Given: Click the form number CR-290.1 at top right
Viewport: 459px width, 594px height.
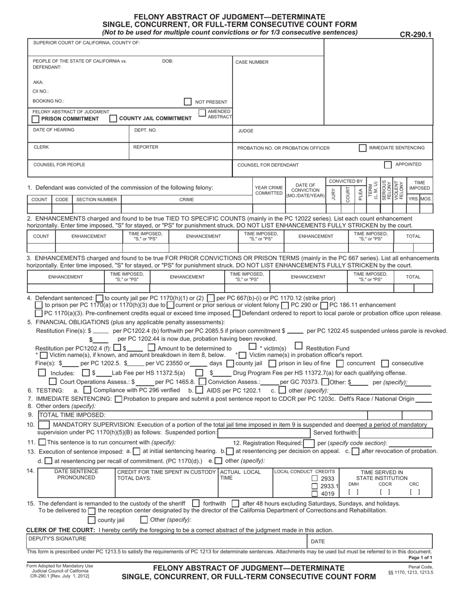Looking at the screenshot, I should [x=416, y=34].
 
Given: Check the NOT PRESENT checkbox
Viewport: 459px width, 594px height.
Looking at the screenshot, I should [x=187, y=102].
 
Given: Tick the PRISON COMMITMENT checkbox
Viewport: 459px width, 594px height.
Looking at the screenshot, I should [x=35, y=119].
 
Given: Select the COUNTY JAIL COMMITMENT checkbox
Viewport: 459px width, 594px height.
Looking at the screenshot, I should [x=113, y=118].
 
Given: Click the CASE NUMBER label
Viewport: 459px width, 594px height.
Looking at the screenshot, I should [x=252, y=62].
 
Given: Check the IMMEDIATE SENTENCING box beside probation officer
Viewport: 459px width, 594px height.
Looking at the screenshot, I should [x=362, y=148].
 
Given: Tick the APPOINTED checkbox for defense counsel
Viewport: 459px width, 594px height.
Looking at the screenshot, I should [x=387, y=165].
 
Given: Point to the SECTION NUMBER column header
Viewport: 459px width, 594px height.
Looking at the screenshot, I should [x=97, y=199].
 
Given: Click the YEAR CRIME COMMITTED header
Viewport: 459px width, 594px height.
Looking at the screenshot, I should [x=268, y=190].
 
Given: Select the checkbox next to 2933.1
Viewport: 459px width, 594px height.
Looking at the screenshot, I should [x=315, y=486].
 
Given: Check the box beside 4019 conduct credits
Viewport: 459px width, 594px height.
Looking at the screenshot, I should [x=315, y=494].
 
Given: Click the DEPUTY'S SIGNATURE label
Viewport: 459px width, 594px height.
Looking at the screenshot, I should [x=57, y=538].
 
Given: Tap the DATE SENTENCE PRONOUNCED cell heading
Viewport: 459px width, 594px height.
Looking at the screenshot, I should [x=76, y=474].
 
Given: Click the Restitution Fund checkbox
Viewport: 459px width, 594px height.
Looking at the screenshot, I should [x=298, y=346].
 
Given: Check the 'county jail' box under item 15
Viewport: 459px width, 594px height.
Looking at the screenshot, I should [x=91, y=520].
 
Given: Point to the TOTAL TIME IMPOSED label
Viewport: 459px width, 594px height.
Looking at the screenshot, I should [x=72, y=415].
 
